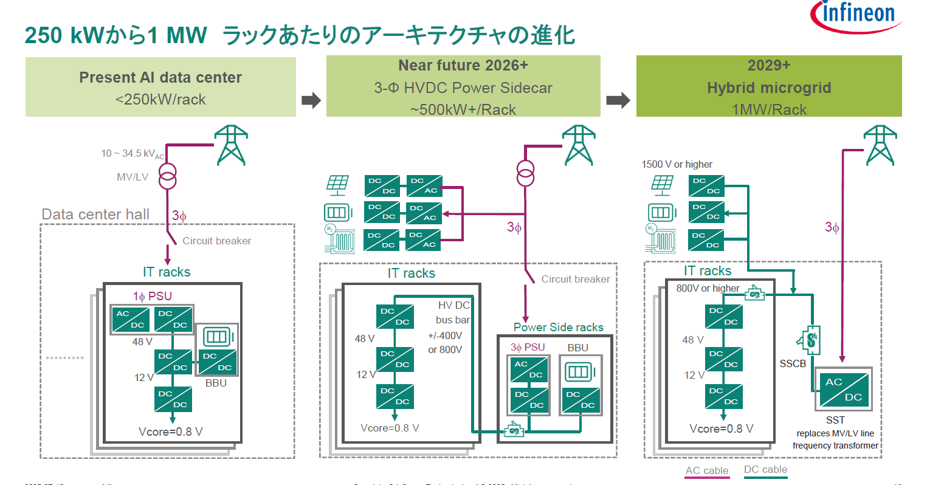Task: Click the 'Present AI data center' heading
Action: pyautogui.click(x=160, y=78)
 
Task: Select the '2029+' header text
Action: pyautogui.click(x=769, y=66)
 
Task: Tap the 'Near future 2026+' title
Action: pyautogui.click(x=463, y=66)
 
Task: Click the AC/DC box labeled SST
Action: pyautogui.click(x=843, y=389)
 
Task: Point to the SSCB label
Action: pyautogui.click(x=793, y=364)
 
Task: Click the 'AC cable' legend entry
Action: pyautogui.click(x=706, y=470)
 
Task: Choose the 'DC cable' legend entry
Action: pyautogui.click(x=765, y=470)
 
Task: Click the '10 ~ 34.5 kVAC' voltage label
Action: pyautogui.click(x=132, y=154)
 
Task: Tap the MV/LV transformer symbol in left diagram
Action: pyautogui.click(x=168, y=176)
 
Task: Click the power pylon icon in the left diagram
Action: pyautogui.click(x=232, y=145)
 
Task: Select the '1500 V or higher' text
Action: pyautogui.click(x=677, y=165)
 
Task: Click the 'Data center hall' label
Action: pyautogui.click(x=95, y=215)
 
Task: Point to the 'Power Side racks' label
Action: pyautogui.click(x=558, y=328)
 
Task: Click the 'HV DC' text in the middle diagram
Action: pyautogui.click(x=453, y=306)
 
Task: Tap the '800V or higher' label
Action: pyautogui.click(x=708, y=289)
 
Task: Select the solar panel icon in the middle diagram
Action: pyautogui.click(x=337, y=184)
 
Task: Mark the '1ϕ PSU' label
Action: pyautogui.click(x=153, y=297)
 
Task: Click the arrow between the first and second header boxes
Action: pyautogui.click(x=311, y=100)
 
